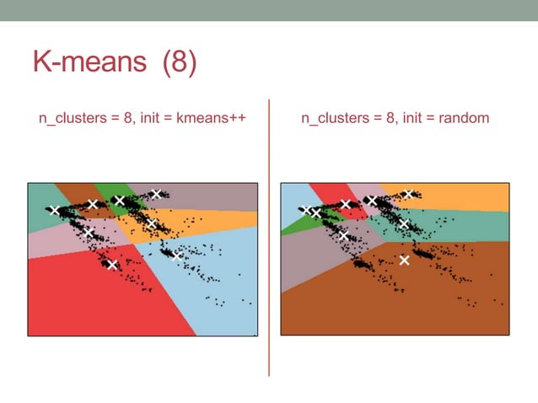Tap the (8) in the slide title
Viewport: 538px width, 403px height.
pyautogui.click(x=179, y=62)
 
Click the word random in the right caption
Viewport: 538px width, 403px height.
pyautogui.click(x=463, y=119)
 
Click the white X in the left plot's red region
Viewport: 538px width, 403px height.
pyautogui.click(x=112, y=264)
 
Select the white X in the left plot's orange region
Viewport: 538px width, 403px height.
pyautogui.click(x=151, y=223)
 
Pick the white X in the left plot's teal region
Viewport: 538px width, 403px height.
pyautogui.click(x=55, y=211)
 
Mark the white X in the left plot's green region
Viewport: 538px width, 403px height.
pyautogui.click(x=119, y=201)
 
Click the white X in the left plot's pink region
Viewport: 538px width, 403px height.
pyautogui.click(x=89, y=231)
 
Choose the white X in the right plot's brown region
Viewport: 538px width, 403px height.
pyautogui.click(x=404, y=260)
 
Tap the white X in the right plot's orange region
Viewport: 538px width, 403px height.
pyautogui.click(x=408, y=194)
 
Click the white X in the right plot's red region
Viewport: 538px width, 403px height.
pyautogui.click(x=345, y=204)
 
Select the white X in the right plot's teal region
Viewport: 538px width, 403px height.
pyautogui.click(x=403, y=224)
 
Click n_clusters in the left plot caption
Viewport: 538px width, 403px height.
pyautogui.click(x=69, y=119)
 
